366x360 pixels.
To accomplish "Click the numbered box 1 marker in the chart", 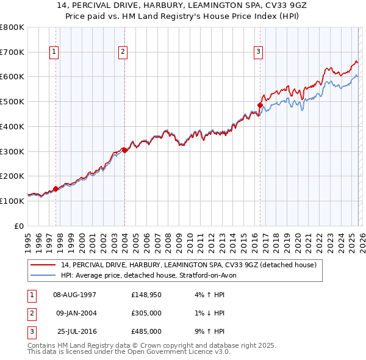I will point(55,52).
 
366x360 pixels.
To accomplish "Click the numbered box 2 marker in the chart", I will point(123,52).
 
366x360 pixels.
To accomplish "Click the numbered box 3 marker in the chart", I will point(259,52).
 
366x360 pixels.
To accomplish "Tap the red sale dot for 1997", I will point(56,189).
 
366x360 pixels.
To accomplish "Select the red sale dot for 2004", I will point(124,149).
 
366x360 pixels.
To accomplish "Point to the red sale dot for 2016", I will point(260,105).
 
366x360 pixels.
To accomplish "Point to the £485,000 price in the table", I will point(146,331).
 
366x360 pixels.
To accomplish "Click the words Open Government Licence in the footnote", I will point(170,352).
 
